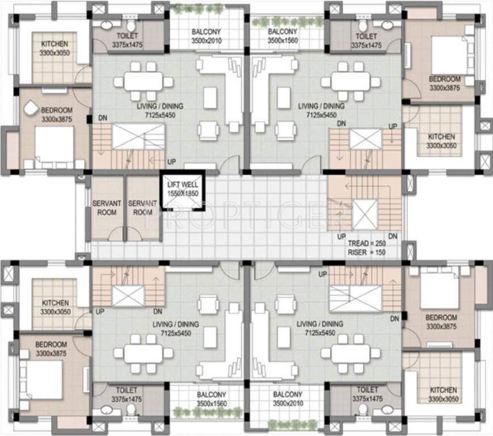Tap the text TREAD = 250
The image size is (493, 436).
[366, 244]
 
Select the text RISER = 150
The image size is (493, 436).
[366, 252]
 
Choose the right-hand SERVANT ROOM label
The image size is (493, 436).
[142, 208]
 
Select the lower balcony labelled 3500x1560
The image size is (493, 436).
[212, 399]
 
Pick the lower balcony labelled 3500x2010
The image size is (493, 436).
[288, 399]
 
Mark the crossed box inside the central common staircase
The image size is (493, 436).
[365, 214]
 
